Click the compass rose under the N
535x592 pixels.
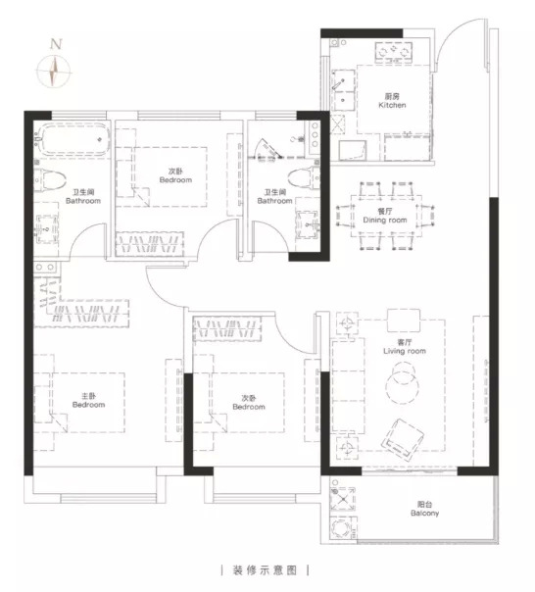pos(54,71)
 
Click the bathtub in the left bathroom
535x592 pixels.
pos(72,139)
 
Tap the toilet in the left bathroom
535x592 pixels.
pos(50,180)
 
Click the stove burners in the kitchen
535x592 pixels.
pos(394,52)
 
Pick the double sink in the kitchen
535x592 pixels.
pos(343,89)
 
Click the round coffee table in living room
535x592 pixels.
pos(403,383)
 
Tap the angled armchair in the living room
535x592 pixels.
pos(402,439)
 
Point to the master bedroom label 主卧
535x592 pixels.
pos(89,396)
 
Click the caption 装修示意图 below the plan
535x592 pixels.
pos(265,570)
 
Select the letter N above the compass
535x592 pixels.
pos(56,44)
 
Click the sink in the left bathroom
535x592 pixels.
pos(46,229)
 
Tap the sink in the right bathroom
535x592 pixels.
pos(308,225)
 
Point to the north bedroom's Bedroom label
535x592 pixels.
pos(175,179)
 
